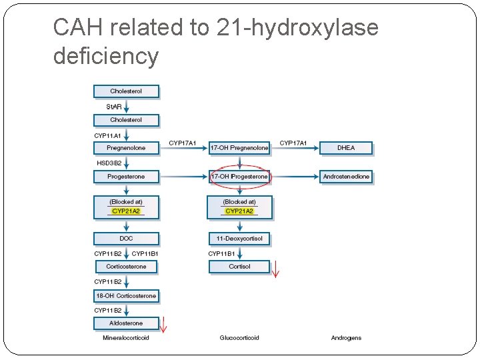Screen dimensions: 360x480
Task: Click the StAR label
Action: pos(115,107)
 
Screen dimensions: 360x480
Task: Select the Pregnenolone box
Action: pos(126,147)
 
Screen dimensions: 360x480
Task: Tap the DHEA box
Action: pos(346,147)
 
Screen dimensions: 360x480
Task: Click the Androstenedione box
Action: pos(346,177)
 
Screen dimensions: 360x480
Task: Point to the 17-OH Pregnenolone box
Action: pos(239,147)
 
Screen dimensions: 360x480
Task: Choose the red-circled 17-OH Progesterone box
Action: pos(239,177)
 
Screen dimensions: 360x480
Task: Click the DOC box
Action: pos(126,238)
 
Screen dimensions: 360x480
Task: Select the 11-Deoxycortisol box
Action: pos(239,238)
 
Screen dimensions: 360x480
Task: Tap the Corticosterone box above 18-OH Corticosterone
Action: pos(126,267)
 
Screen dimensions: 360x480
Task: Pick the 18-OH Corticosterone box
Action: pos(126,295)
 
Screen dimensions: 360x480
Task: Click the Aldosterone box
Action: pos(126,323)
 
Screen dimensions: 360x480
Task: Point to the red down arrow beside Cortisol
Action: pos(276,268)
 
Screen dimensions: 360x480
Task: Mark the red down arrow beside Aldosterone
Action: pos(163,324)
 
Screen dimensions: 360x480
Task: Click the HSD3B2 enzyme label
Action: pos(110,163)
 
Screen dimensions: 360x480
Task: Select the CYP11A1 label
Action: pos(107,135)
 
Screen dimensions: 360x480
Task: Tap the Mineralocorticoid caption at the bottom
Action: pos(126,338)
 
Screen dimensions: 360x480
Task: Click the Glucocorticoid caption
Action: pos(239,338)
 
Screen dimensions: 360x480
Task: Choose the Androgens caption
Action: pos(346,338)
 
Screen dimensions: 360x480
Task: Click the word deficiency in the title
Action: pos(106,56)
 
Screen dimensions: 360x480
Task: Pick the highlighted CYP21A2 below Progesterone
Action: pos(126,211)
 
